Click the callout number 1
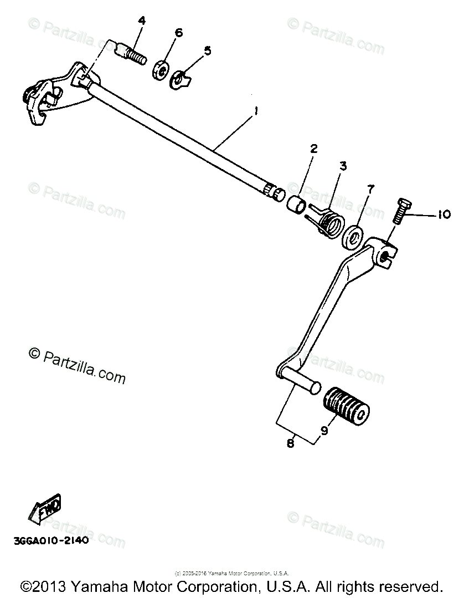click(255, 112)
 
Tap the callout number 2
click(313, 149)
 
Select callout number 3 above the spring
click(343, 166)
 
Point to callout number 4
click(142, 22)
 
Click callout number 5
click(207, 51)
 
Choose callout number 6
click(178, 33)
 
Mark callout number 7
click(370, 190)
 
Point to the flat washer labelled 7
click(353, 236)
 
